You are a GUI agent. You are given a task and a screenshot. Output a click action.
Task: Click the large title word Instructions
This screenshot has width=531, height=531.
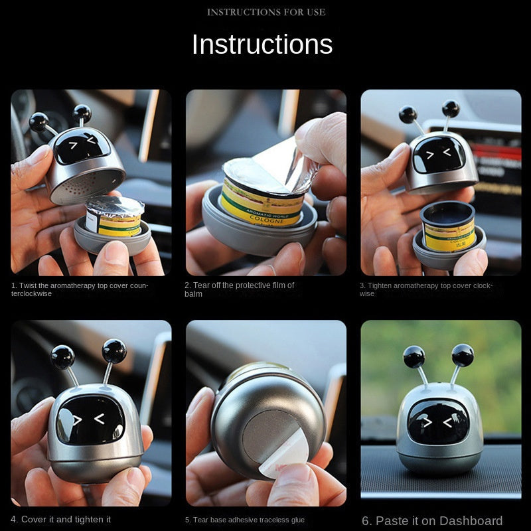pyautogui.click(x=262, y=44)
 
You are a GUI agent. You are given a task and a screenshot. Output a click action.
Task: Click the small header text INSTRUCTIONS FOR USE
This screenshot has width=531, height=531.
pyautogui.click(x=266, y=12)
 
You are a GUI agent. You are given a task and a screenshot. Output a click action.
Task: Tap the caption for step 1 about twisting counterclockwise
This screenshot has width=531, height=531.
pyautogui.click(x=80, y=289)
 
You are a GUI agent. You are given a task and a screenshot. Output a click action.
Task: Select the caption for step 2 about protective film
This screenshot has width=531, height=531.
pyautogui.click(x=239, y=289)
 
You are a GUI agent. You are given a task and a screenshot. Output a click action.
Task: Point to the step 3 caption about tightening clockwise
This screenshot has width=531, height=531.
pyautogui.click(x=426, y=289)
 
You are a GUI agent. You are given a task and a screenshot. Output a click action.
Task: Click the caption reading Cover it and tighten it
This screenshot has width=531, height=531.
pyautogui.click(x=60, y=519)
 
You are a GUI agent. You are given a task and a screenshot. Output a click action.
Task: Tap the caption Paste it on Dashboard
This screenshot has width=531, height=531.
pyautogui.click(x=432, y=520)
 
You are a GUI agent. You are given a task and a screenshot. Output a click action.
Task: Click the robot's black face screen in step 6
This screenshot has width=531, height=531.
pyautogui.click(x=438, y=421)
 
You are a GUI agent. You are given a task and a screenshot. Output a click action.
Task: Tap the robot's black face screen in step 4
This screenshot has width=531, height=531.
pyautogui.click(x=90, y=419)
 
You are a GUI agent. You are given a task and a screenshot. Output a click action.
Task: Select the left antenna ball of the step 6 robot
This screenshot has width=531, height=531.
pyautogui.click(x=414, y=356)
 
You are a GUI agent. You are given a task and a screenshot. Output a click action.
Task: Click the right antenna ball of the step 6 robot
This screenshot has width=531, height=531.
pyautogui.click(x=463, y=354)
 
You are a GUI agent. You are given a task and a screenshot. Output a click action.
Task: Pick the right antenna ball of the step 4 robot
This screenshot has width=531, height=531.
pyautogui.click(x=114, y=351)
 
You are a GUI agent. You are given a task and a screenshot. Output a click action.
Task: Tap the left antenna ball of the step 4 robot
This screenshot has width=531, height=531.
pyautogui.click(x=63, y=356)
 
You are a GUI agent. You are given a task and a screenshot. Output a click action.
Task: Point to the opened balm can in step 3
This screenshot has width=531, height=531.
pyautogui.click(x=449, y=227)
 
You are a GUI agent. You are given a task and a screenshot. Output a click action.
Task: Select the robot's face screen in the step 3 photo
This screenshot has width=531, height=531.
pyautogui.click(x=439, y=155)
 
